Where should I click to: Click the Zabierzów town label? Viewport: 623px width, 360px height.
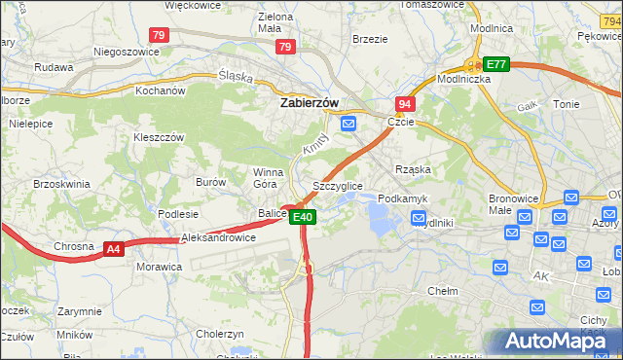tap(309, 101)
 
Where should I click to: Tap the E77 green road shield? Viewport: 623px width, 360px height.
tap(496, 64)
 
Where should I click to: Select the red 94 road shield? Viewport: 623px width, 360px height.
tap(405, 103)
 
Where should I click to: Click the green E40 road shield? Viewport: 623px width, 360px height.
tap(302, 217)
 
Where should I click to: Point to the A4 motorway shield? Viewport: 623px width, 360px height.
tap(114, 249)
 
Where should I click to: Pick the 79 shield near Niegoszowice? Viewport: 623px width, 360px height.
tap(160, 35)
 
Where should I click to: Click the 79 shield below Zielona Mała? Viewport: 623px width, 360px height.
tap(285, 46)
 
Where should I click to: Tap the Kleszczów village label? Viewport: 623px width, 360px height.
tap(159, 137)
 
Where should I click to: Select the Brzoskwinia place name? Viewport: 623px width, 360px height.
tap(61, 183)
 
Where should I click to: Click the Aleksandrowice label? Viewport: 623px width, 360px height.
tap(218, 237)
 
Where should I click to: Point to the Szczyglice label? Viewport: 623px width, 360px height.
tap(338, 186)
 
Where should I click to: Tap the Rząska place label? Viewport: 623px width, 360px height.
tap(413, 169)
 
